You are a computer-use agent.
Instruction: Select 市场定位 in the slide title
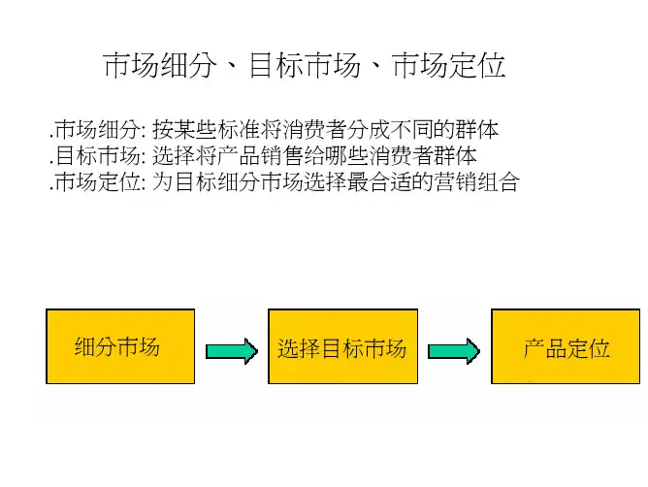448,66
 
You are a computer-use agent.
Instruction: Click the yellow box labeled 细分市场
120,346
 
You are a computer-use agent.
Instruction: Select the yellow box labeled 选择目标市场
341,346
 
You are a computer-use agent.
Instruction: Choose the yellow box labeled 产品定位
566,346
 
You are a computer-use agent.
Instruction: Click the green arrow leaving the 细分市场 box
230,350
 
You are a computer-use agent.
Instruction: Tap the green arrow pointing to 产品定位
454,350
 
